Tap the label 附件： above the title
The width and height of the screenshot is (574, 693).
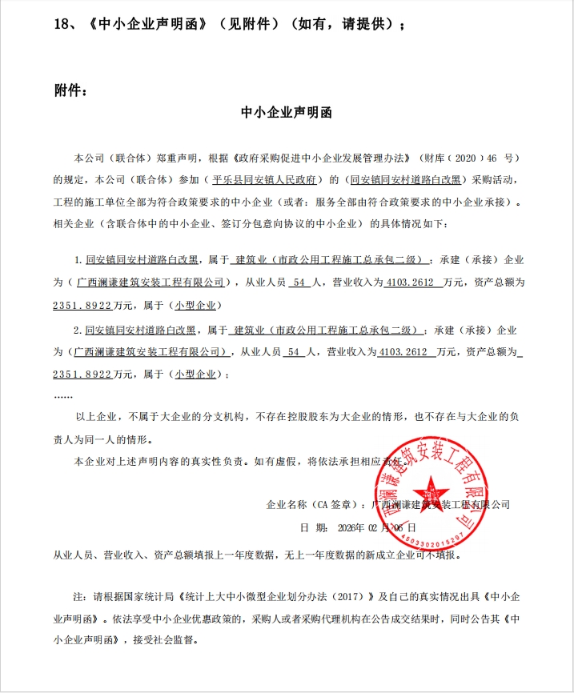pos(70,90)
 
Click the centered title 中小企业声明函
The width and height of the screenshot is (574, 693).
pos(287,113)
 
